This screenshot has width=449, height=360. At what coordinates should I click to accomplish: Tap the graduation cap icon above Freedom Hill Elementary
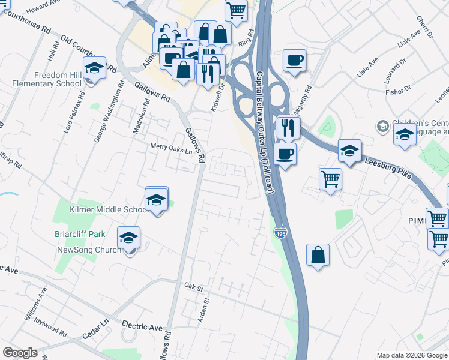(95, 70)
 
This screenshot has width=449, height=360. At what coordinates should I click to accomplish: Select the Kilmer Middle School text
(109, 209)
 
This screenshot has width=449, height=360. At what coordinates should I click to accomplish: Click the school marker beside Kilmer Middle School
(157, 200)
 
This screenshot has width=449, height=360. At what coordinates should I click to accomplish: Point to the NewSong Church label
(89, 250)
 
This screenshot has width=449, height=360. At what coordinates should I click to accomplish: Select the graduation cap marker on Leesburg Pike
(349, 152)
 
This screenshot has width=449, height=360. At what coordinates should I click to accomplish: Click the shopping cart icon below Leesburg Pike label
(331, 179)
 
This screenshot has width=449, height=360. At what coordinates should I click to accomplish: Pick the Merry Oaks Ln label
(171, 148)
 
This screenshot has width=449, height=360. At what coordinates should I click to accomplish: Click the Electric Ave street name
(142, 327)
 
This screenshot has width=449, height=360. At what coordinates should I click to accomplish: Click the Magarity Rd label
(307, 97)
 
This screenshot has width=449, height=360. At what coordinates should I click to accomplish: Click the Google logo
(20, 353)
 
